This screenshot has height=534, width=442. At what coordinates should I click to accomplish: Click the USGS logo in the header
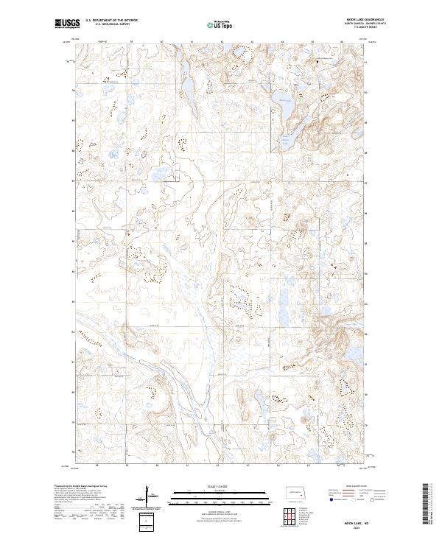click(x=67, y=24)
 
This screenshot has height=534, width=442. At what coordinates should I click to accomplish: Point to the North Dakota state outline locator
click(x=295, y=493)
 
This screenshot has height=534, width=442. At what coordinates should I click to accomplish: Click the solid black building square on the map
click(x=318, y=62)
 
